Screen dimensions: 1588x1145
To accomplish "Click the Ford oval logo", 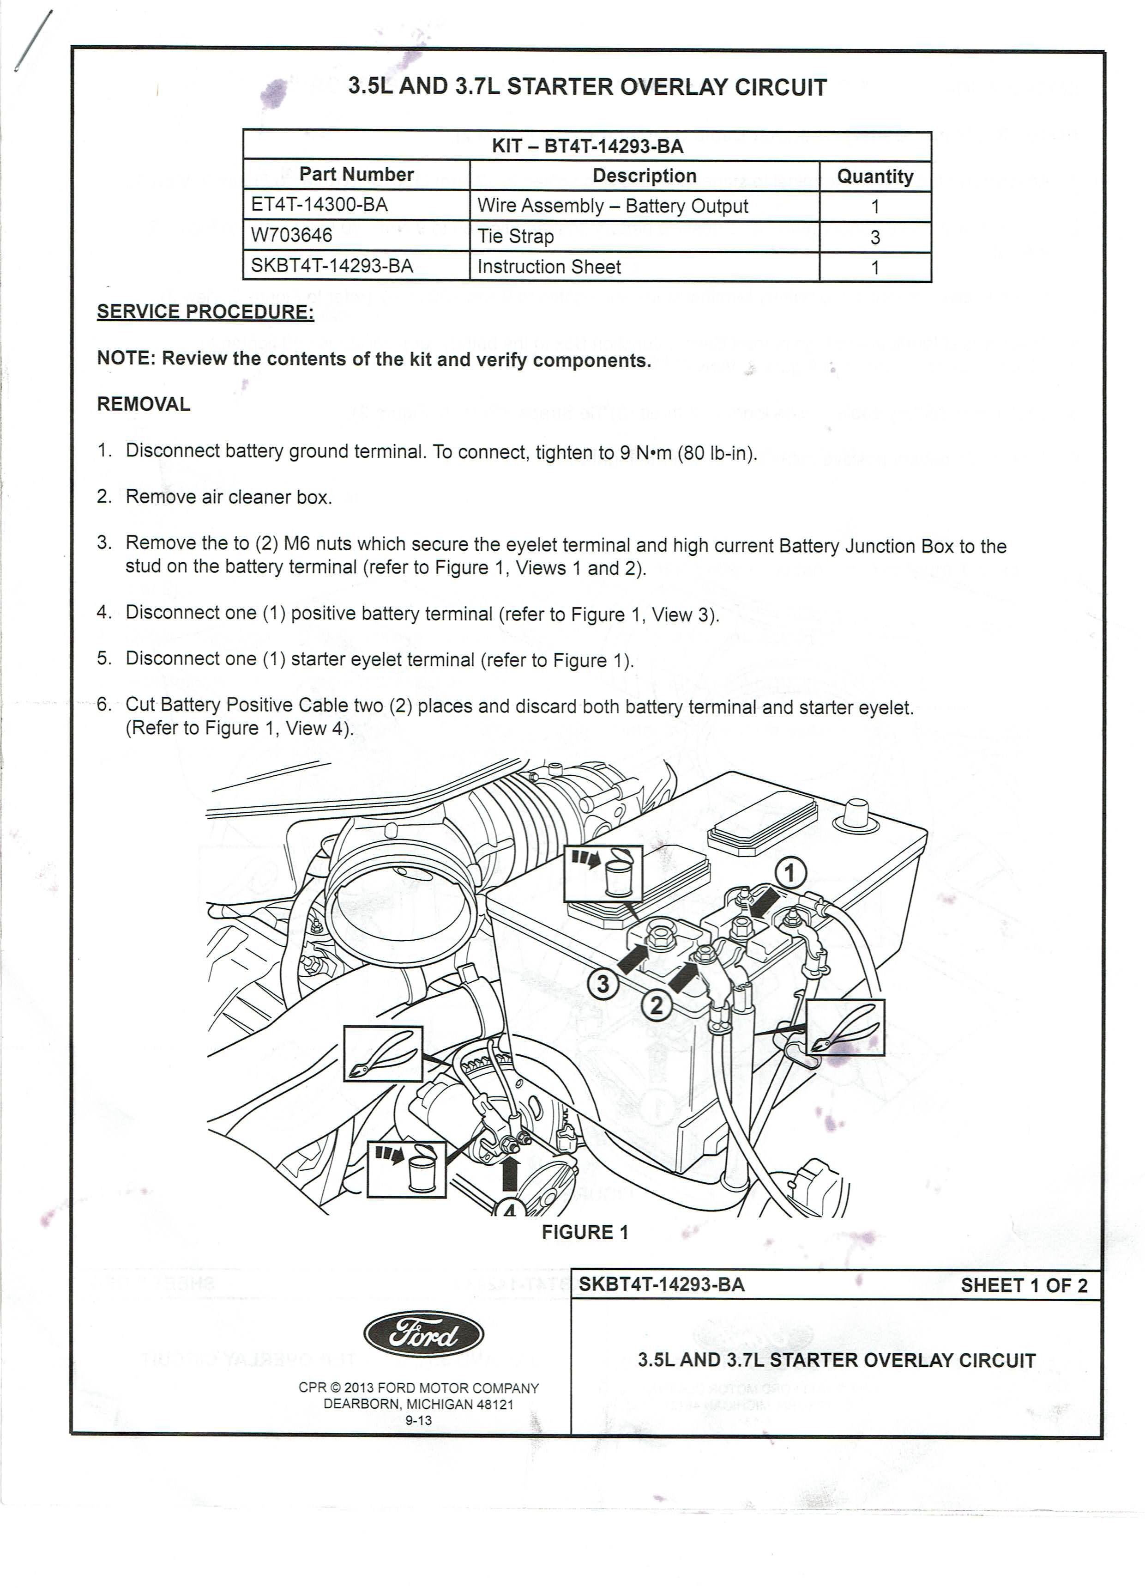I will (423, 1334).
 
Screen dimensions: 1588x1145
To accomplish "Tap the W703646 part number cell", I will (291, 235).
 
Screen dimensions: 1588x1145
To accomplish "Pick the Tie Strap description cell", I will (516, 237).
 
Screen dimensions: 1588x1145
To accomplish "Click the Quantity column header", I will (875, 176).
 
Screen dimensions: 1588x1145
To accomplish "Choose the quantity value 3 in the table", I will (875, 237).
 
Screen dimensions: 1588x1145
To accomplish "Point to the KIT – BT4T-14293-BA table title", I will (587, 146).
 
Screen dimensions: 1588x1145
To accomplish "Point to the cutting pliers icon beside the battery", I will (845, 1027).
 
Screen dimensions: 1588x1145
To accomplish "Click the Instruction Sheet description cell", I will (549, 267).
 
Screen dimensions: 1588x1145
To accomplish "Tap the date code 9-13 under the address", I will (419, 1421).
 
